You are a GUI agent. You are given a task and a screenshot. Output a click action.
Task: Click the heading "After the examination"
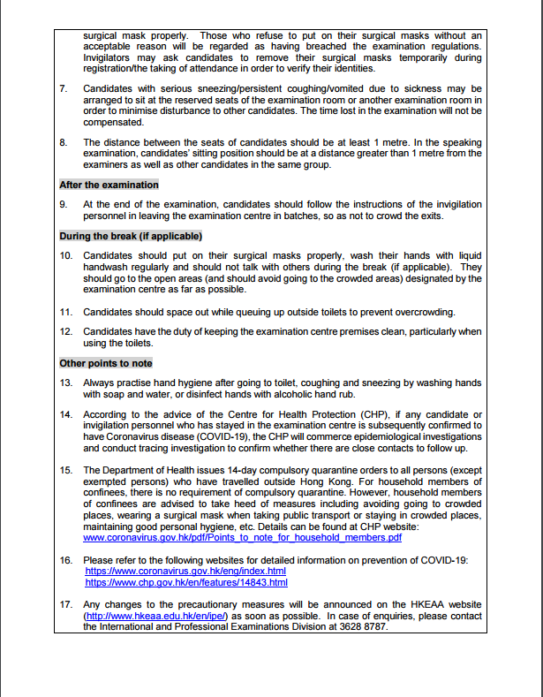(109, 185)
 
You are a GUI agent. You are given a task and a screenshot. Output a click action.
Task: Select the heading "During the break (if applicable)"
(131, 236)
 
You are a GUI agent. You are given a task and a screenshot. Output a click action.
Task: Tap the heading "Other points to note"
(106, 363)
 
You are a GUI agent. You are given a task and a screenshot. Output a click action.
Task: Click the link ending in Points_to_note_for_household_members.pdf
(243, 537)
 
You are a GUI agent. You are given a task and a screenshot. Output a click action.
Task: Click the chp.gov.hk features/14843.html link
(186, 583)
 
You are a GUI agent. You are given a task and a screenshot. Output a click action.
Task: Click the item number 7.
(63, 88)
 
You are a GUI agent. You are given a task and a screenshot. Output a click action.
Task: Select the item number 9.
(63, 204)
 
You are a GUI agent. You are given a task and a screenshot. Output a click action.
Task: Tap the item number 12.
(65, 332)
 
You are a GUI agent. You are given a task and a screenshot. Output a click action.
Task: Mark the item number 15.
(65, 468)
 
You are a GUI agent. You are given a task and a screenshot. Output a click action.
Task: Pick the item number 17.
(65, 605)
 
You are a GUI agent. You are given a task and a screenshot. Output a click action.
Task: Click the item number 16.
(65, 561)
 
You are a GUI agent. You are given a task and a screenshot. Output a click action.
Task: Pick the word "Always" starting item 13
(99, 383)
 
